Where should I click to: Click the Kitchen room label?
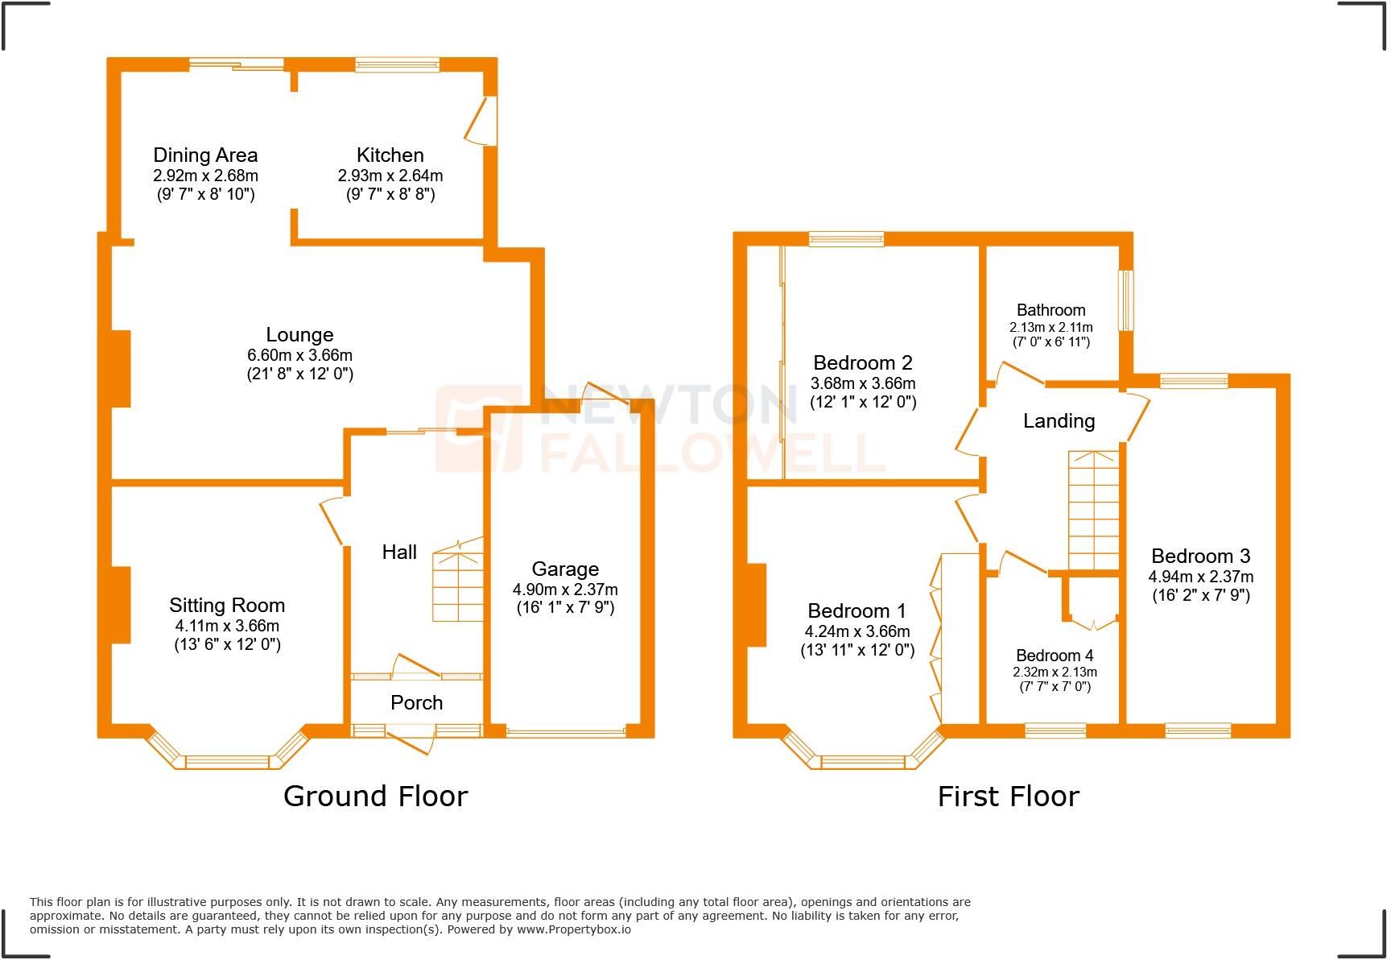pyautogui.click(x=390, y=155)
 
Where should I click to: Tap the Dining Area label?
pyautogui.click(x=205, y=155)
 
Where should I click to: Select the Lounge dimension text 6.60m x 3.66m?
pyautogui.click(x=299, y=355)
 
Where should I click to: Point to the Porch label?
pyautogui.click(x=416, y=702)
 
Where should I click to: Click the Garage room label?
pyautogui.click(x=565, y=569)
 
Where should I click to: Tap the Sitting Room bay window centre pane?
pyautogui.click(x=227, y=762)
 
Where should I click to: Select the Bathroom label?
pyautogui.click(x=1050, y=310)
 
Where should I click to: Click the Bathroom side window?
pyautogui.click(x=1125, y=300)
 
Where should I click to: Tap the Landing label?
pyautogui.click(x=1059, y=420)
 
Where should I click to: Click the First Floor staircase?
pyautogui.click(x=1093, y=511)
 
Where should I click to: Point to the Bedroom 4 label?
pyautogui.click(x=1055, y=656)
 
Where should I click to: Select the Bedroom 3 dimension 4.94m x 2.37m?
pyautogui.click(x=1200, y=577)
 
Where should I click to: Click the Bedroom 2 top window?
pyautogui.click(x=846, y=238)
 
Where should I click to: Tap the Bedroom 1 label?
pyautogui.click(x=856, y=610)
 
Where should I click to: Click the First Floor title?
pyautogui.click(x=1008, y=797)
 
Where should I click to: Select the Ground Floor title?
pyautogui.click(x=375, y=797)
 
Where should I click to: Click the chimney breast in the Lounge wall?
pyautogui.click(x=121, y=369)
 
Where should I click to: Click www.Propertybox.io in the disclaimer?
pyautogui.click(x=573, y=929)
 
